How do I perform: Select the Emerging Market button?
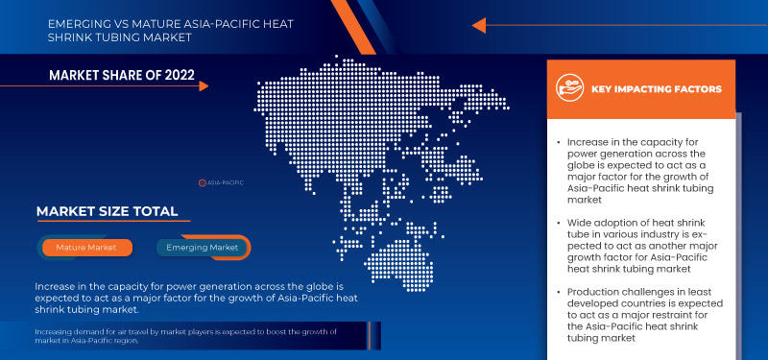click(203, 248)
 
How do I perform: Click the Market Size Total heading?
click(107, 211)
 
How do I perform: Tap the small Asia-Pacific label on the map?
click(222, 181)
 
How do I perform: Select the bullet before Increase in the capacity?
click(559, 142)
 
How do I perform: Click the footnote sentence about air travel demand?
click(184, 335)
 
